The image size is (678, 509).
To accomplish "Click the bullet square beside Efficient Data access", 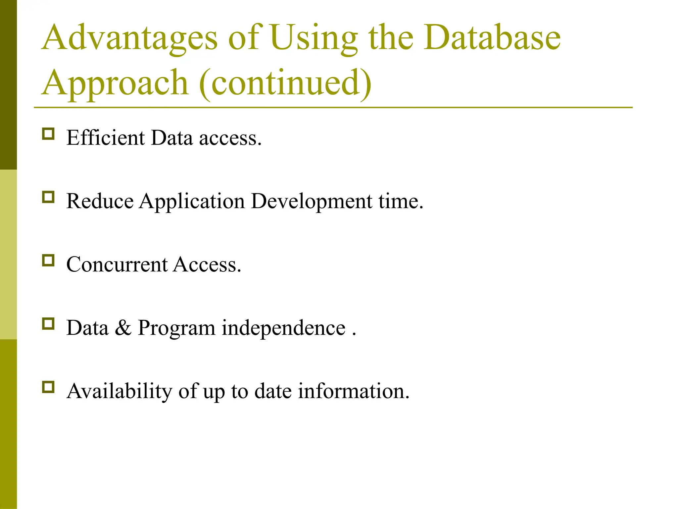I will pos(48,134).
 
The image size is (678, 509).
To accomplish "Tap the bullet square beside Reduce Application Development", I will pos(48,197).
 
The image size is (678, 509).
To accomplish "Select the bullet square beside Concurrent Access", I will pos(48,260).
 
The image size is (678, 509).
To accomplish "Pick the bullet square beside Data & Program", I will pos(48,324).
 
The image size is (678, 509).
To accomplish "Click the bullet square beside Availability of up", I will pos(48,387).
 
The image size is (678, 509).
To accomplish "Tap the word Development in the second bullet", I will pos(312,201).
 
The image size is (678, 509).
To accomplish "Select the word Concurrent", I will pos(117,264).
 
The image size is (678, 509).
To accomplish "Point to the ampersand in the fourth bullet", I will pos(123,328).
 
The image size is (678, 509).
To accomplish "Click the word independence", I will pos(283,328).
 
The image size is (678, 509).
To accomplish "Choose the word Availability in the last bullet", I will pos(119,391).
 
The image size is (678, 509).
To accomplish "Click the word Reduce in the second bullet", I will pos(100,201).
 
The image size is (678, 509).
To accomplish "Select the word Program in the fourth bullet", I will pos(176,328).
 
